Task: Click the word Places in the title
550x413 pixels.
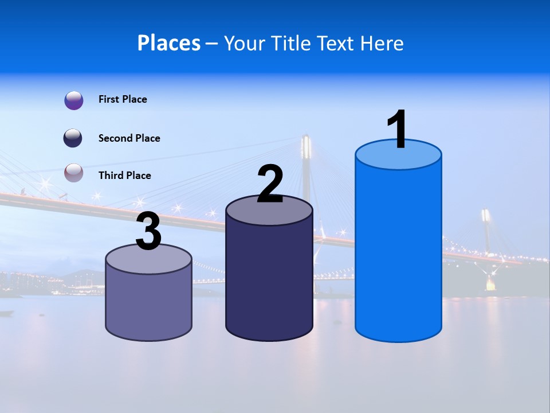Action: click(169, 43)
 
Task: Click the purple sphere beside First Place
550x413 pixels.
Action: click(74, 100)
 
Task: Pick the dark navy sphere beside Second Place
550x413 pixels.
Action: click(73, 138)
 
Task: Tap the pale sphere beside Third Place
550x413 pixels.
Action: click(74, 173)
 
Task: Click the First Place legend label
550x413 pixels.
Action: click(123, 99)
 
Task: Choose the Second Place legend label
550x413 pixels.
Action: click(129, 138)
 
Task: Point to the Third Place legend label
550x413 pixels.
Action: click(124, 176)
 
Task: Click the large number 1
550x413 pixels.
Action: click(398, 129)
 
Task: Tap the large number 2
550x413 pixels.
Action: click(270, 184)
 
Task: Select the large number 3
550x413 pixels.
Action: click(149, 232)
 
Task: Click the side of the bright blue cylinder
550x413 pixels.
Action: click(398, 252)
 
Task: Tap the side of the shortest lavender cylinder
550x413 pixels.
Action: click(149, 304)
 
